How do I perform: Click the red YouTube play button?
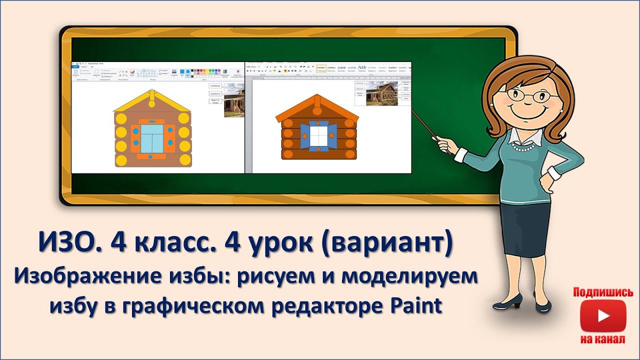point(602,316)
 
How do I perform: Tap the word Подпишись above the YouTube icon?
point(603,292)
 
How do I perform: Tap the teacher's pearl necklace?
point(524,148)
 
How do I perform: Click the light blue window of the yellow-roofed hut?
point(151,139)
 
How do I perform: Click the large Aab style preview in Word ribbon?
point(362,67)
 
